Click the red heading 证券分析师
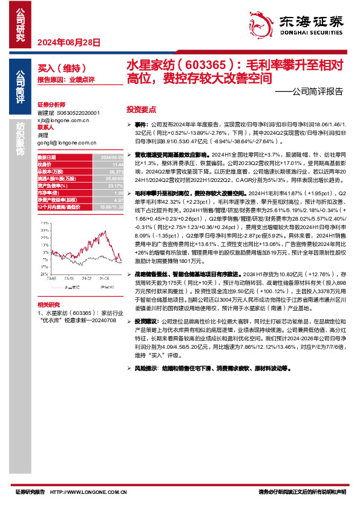pyautogui.click(x=50, y=105)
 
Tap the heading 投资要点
pyautogui.click(x=141, y=111)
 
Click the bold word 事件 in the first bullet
pyautogui.click(x=142, y=123)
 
